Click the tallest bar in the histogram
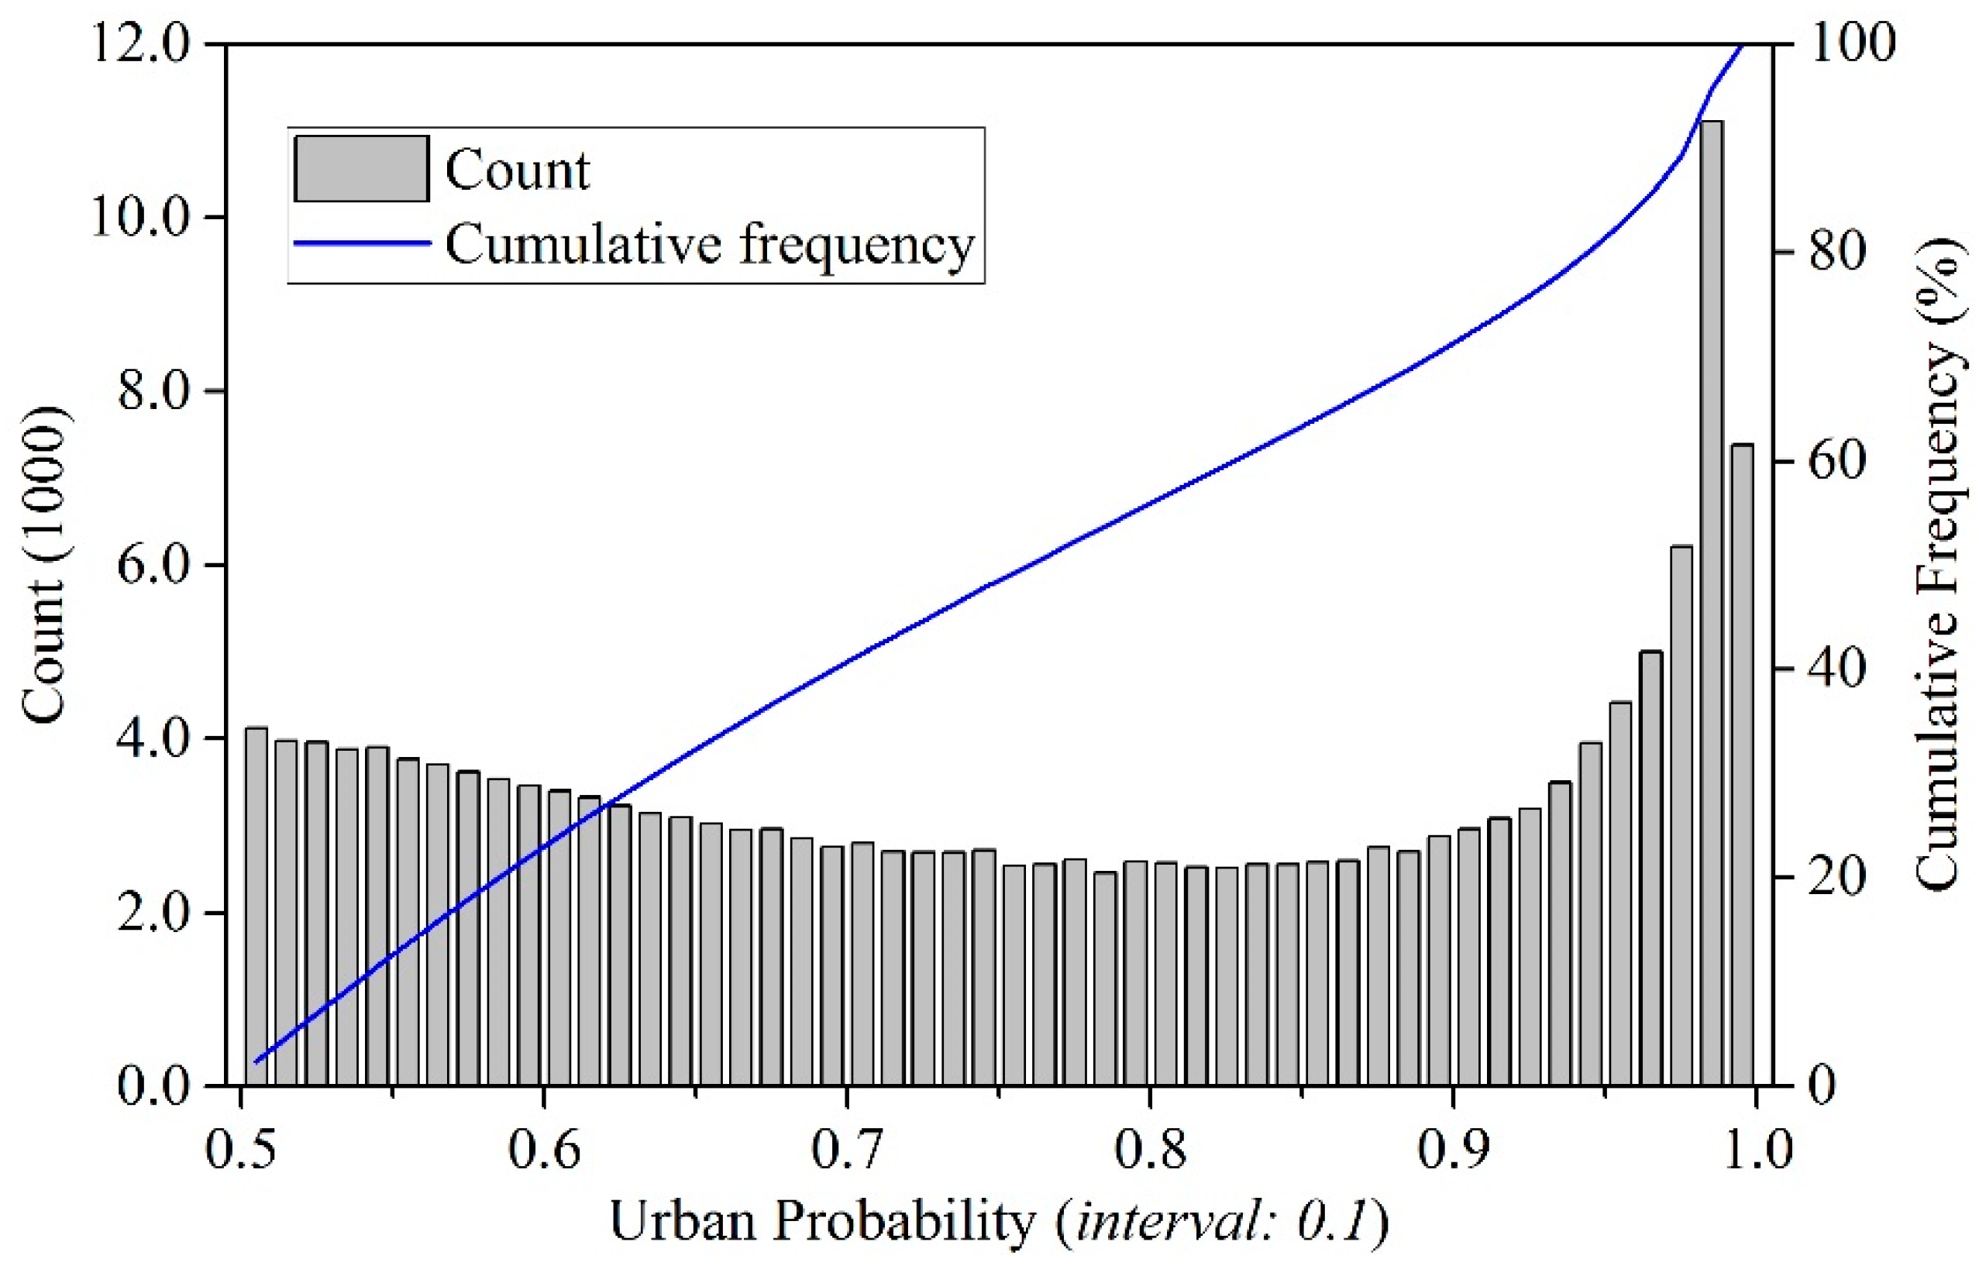1711,604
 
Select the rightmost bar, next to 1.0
1742,765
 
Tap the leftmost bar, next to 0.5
256,907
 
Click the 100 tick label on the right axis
1852,43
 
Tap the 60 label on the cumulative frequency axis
1837,460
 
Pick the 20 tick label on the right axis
1837,877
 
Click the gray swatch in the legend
361,169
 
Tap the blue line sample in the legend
361,243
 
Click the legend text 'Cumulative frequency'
709,245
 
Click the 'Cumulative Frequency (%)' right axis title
1937,565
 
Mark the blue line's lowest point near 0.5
256,1062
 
